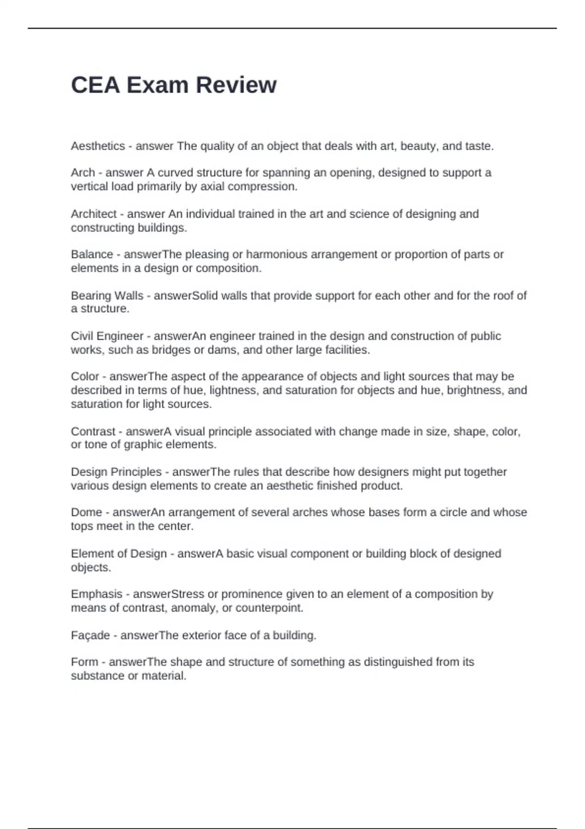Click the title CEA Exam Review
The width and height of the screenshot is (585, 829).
pyautogui.click(x=174, y=85)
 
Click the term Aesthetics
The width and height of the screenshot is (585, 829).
pyautogui.click(x=98, y=146)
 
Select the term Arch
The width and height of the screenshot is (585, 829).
pyautogui.click(x=83, y=173)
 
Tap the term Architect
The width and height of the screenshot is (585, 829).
pyautogui.click(x=94, y=214)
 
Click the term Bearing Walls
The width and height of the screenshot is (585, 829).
pyautogui.click(x=107, y=296)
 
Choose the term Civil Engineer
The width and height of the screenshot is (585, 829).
pyautogui.click(x=107, y=336)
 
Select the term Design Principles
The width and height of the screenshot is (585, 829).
pyautogui.click(x=116, y=472)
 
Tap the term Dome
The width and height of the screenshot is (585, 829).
pyautogui.click(x=86, y=513)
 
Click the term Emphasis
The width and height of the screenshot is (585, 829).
pyautogui.click(x=97, y=594)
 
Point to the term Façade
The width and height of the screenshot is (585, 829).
pyautogui.click(x=91, y=635)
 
